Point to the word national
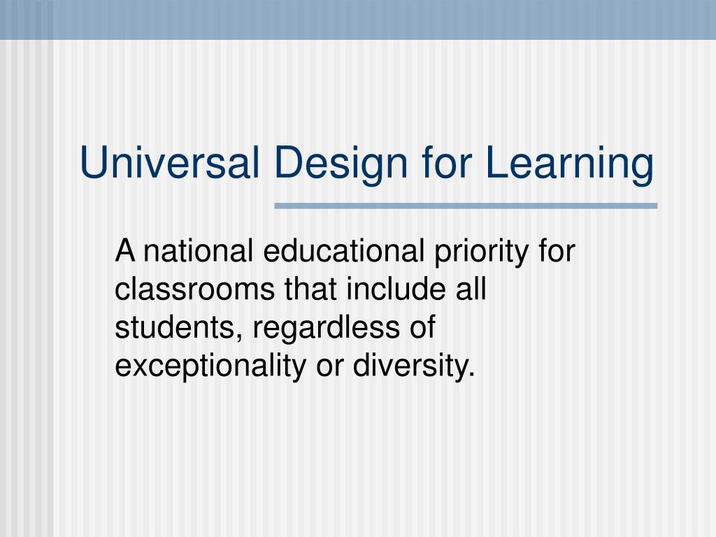click(197, 251)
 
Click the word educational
click(341, 251)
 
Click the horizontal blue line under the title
click(466, 206)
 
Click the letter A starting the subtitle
click(125, 251)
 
